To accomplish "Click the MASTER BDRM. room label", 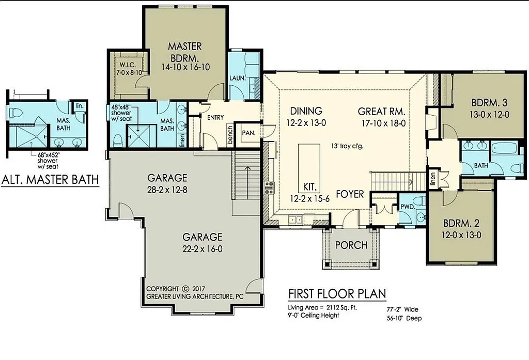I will click(x=184, y=51).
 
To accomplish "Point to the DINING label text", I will click(x=306, y=111).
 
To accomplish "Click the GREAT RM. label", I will click(x=381, y=111).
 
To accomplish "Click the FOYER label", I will click(x=350, y=194).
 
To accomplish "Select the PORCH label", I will click(x=351, y=245).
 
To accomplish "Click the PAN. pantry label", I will click(x=249, y=132).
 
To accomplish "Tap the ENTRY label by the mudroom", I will click(x=215, y=118).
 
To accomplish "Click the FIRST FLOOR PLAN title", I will click(x=337, y=294).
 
